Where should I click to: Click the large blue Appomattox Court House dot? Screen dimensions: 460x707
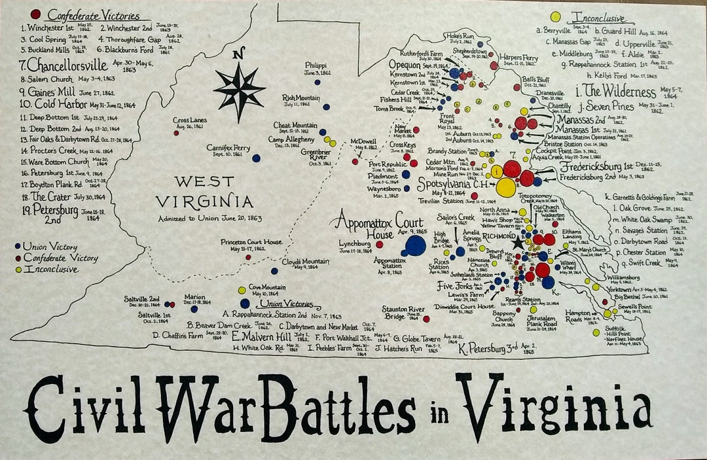coord(415,245)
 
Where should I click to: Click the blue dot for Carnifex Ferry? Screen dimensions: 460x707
coord(256,158)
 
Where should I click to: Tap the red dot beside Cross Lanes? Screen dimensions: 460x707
coord(176,133)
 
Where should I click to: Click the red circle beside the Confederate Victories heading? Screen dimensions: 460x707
coord(35,14)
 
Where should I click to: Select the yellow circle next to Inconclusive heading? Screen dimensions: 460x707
coord(555,16)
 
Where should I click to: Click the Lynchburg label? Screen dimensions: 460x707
coord(355,243)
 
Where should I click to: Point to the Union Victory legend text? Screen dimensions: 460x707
coord(49,247)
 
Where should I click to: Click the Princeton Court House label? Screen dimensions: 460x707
coord(251,242)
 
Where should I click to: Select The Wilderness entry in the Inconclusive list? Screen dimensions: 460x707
coord(614,91)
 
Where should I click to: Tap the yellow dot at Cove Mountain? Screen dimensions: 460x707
coord(242,290)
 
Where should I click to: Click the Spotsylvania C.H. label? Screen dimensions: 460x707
coord(451,186)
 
